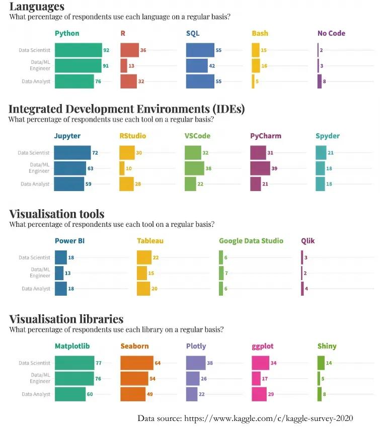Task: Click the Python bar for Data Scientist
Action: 78,50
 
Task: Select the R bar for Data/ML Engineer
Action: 124,66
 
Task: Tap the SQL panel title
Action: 193,34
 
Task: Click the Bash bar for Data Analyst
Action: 253,81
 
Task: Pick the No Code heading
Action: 331,34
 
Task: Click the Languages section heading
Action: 37,7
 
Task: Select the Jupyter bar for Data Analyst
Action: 69,184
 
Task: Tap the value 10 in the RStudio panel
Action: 129,168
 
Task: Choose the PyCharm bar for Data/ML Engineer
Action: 260,168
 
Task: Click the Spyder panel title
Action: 328,136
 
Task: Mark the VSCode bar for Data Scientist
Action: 193,153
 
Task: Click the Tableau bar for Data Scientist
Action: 144,258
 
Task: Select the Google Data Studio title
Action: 251,241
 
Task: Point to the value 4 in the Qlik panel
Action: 306,289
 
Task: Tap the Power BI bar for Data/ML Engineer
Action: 59,273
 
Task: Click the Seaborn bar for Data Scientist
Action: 137,363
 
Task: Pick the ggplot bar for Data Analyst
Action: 259,394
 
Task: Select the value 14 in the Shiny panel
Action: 329,363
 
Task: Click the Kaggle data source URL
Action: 269,418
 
